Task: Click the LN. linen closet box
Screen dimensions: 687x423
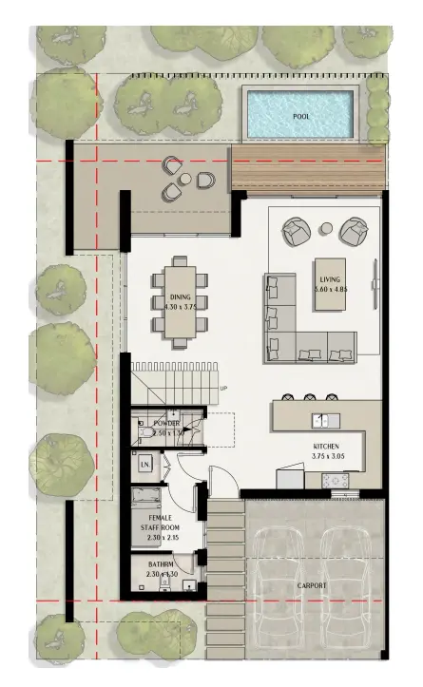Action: pyautogui.click(x=145, y=465)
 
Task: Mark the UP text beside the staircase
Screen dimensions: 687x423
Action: pyautogui.click(x=223, y=389)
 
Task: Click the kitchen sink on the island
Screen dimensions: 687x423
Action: pyautogui.click(x=322, y=418)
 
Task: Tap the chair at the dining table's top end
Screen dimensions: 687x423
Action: pyautogui.click(x=180, y=261)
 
